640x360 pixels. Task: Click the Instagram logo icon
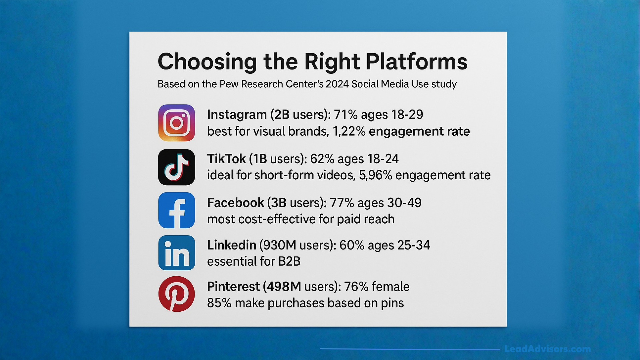point(176,123)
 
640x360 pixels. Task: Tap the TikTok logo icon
point(176,167)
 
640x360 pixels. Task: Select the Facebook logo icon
point(176,210)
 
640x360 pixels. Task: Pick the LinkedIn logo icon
point(176,253)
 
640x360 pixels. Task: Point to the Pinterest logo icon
point(176,294)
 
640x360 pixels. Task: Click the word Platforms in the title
point(416,62)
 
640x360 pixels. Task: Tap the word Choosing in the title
point(207,62)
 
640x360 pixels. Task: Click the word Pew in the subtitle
point(229,84)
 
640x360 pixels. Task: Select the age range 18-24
point(383,159)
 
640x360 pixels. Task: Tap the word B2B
point(289,261)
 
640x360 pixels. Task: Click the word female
point(390,287)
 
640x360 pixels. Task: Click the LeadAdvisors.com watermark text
point(547,349)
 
